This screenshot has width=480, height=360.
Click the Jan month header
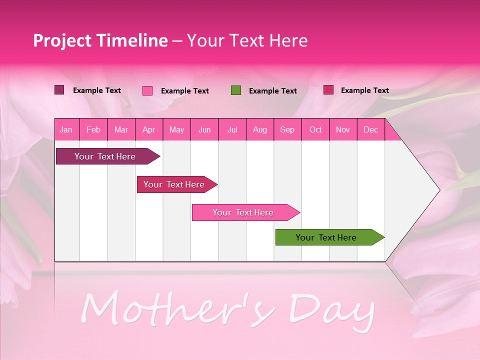pos(66,130)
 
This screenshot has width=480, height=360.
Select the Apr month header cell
pos(148,130)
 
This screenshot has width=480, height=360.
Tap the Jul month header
pos(232,130)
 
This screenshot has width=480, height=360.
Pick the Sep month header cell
pos(287,130)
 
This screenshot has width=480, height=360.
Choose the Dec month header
pos(370,130)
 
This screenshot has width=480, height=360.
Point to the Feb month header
pos(93,130)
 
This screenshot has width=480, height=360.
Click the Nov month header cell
pos(343,130)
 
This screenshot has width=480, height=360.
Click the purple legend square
pos(59,90)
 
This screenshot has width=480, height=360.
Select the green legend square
pos(236,90)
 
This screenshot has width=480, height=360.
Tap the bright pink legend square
pos(147,90)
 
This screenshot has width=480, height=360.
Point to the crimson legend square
pos(328,90)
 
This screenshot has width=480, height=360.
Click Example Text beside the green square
pos(272,91)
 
